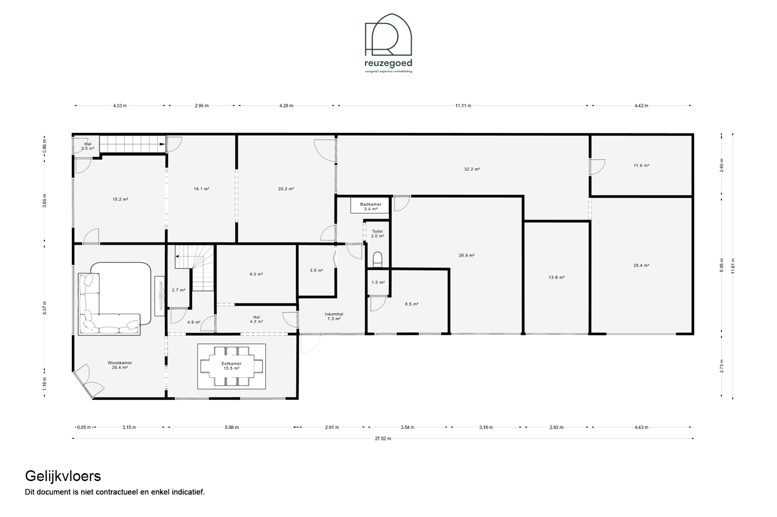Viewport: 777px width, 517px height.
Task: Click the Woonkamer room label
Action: click(x=120, y=365)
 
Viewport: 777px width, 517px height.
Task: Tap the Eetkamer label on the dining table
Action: click(x=231, y=366)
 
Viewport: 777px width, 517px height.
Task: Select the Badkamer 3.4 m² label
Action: click(x=370, y=206)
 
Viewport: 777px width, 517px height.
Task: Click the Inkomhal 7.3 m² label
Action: click(x=334, y=316)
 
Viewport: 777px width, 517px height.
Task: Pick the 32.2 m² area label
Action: click(x=472, y=169)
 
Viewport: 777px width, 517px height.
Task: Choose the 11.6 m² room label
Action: click(x=642, y=165)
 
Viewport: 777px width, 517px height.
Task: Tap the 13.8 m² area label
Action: click(x=556, y=277)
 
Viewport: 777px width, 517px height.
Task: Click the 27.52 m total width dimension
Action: click(x=383, y=438)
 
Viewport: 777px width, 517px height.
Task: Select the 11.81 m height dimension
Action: click(x=733, y=266)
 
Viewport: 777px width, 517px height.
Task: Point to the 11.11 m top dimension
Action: click(x=463, y=105)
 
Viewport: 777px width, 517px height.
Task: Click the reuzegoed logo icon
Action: click(x=388, y=34)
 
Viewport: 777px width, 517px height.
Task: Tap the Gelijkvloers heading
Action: click(x=63, y=476)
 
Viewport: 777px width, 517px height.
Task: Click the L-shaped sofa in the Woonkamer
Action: click(x=110, y=304)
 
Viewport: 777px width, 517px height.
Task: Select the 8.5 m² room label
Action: click(x=411, y=304)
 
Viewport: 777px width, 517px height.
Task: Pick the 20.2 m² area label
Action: click(x=286, y=189)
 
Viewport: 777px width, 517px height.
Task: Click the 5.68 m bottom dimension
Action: click(x=232, y=427)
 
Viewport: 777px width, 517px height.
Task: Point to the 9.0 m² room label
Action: click(x=257, y=274)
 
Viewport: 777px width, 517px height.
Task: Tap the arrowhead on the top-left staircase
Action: click(x=162, y=144)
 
